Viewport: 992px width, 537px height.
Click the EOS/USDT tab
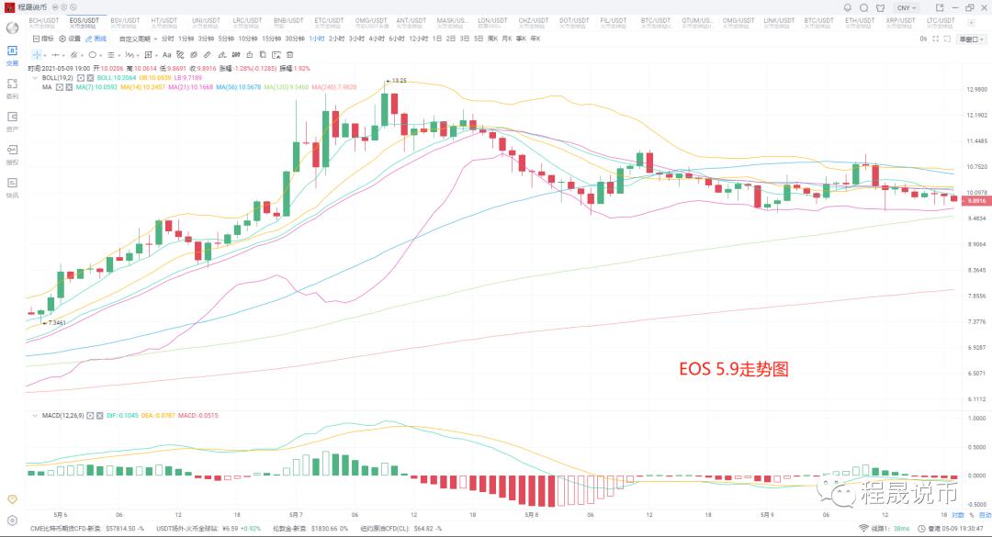(85, 21)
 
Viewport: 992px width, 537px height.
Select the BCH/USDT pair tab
(43, 21)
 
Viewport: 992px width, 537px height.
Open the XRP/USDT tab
(900, 21)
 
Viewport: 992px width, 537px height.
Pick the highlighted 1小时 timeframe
(316, 39)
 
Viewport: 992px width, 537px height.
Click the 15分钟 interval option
(271, 39)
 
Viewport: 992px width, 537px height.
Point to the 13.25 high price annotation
(399, 81)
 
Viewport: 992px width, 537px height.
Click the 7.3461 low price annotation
(55, 323)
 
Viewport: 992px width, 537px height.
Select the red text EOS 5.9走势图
(734, 370)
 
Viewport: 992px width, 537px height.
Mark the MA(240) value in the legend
(334, 87)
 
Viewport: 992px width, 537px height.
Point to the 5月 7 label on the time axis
(297, 514)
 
